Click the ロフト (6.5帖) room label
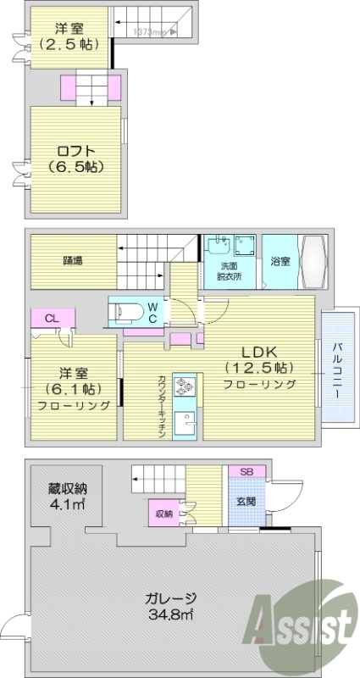tap(76, 158)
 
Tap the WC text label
tap(152, 311)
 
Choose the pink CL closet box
tap(51, 319)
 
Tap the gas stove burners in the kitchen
tap(185, 387)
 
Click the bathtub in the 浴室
tap(309, 261)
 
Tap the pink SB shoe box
tap(246, 470)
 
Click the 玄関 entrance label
tap(246, 499)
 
